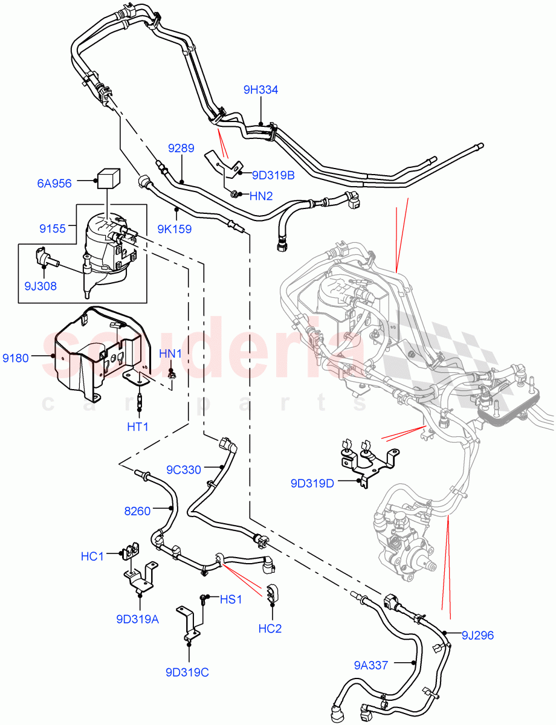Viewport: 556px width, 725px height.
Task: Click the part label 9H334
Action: tap(260, 90)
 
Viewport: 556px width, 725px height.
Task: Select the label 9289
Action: tap(181, 149)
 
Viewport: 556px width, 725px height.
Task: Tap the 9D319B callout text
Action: tap(269, 176)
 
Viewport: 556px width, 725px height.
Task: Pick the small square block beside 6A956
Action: tap(107, 179)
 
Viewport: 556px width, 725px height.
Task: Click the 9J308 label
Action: tap(40, 286)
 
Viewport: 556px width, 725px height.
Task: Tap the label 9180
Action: tap(15, 358)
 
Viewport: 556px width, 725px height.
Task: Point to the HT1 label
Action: tap(138, 427)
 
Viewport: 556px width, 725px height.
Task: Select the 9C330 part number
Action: tap(184, 469)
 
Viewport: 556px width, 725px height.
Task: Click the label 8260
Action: tap(137, 511)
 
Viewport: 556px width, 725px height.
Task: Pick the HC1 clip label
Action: tap(92, 555)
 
